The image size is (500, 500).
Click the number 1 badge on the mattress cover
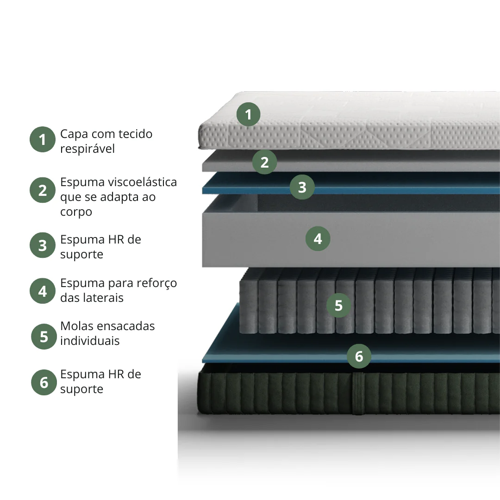249,114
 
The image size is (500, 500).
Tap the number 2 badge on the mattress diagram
264,162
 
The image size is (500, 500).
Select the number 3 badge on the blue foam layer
302,187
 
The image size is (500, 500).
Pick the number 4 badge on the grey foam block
318,238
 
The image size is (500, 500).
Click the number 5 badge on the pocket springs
338,305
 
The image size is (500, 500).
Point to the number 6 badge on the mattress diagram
359,356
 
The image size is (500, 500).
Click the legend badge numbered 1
43,139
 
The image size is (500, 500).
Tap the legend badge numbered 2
43,190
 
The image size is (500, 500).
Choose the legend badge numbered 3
43,245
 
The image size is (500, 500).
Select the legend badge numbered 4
43,291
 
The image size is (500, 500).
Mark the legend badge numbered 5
44,337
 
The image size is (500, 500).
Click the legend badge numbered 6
44,382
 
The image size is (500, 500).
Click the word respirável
87,149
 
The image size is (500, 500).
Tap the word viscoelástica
143,182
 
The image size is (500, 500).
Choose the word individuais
90,341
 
